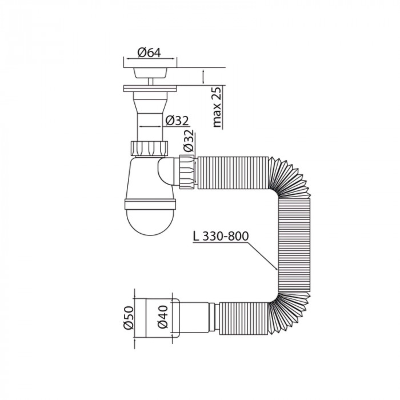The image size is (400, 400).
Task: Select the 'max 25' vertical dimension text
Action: coord(217,107)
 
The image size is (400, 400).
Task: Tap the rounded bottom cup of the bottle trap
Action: coord(151,221)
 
